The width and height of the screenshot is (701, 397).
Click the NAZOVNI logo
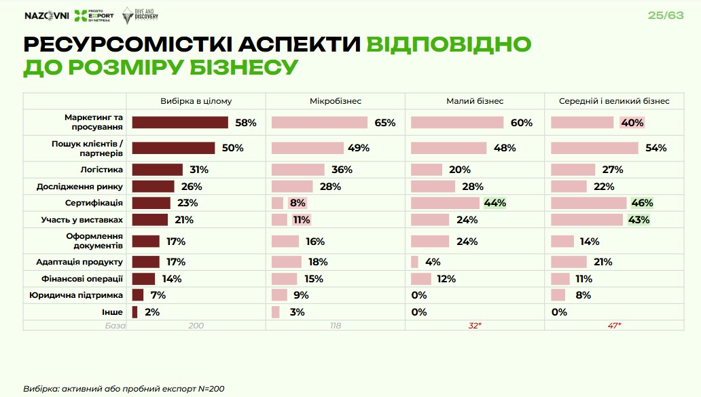tap(46, 16)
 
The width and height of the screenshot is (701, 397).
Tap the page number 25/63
tap(666, 15)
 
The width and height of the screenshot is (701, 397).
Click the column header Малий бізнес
tap(475, 101)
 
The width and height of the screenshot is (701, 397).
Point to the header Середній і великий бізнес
tap(614, 101)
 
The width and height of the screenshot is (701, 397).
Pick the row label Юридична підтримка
tap(75, 295)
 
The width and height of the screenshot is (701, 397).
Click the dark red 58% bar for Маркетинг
tap(180, 122)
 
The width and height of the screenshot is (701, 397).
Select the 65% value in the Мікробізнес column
tap(384, 123)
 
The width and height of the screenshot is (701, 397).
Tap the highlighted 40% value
tap(632, 123)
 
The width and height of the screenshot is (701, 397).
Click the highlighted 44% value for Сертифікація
tap(495, 203)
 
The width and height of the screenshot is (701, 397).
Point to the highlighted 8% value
tap(298, 203)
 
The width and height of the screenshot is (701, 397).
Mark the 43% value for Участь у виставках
tap(639, 220)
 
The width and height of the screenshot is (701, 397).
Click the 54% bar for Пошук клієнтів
tap(594, 148)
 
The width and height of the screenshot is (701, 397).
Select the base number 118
tap(335, 326)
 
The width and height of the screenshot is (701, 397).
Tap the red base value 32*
tap(475, 326)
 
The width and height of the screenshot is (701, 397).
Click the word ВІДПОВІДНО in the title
tap(448, 44)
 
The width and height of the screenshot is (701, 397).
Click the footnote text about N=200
tap(124, 389)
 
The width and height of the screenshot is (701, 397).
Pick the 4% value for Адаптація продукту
tap(433, 262)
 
